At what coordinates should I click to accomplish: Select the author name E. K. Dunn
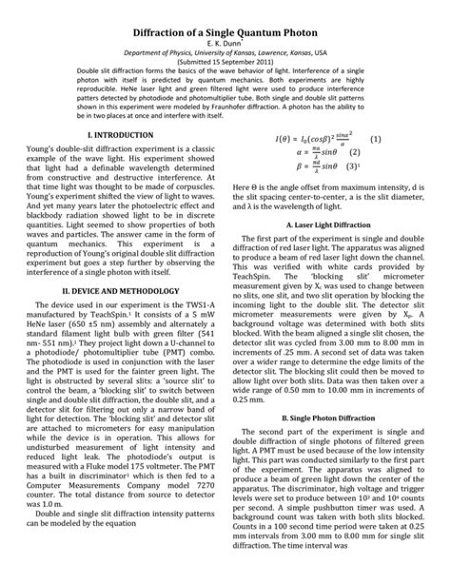pyautogui.click(x=225, y=29)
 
